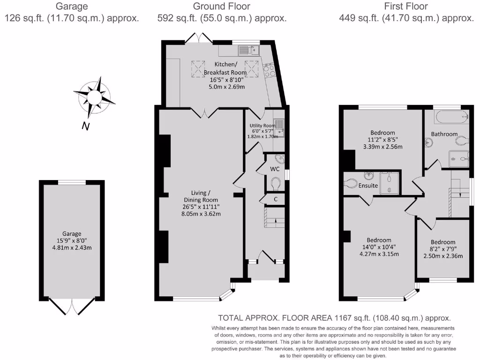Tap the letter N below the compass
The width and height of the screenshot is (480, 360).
[x=85, y=126]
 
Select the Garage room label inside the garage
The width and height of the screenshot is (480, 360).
[x=72, y=233]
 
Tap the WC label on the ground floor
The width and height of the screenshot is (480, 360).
[x=275, y=169]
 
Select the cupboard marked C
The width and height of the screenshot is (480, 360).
[x=275, y=199]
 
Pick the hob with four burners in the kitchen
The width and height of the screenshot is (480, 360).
[x=270, y=70]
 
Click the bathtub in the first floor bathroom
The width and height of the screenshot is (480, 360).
[x=451, y=117]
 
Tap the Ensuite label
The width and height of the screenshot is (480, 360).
[x=368, y=186]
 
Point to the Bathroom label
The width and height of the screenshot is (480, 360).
[x=444, y=134]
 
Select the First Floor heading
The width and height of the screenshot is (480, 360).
[x=406, y=7]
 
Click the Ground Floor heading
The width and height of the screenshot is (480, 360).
[x=222, y=7]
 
